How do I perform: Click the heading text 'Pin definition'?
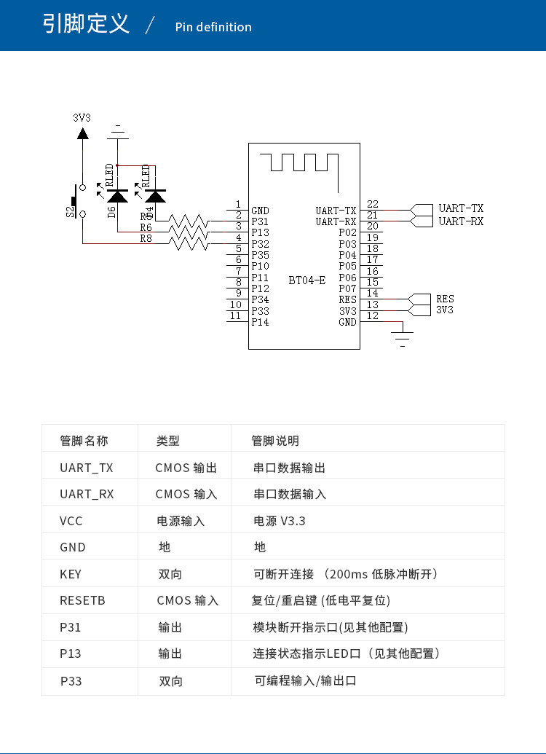(x=213, y=27)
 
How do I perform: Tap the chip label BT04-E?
(x=307, y=280)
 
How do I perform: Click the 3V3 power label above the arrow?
(x=82, y=117)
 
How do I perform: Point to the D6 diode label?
(x=111, y=212)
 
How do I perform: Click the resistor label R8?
(x=146, y=238)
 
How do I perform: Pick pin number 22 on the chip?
(x=373, y=205)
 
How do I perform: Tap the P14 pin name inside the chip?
(x=260, y=322)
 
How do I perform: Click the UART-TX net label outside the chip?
(x=461, y=208)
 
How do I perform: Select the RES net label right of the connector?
(x=445, y=299)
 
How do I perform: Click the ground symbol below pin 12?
(x=403, y=336)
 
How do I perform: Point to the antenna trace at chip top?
(x=304, y=162)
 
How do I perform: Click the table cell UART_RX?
(x=87, y=494)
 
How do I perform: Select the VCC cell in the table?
(x=71, y=521)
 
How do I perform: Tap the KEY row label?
(x=71, y=574)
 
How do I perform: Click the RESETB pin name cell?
(x=82, y=601)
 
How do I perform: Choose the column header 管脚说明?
(x=274, y=441)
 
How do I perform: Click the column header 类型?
(x=167, y=441)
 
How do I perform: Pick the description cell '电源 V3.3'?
(x=279, y=521)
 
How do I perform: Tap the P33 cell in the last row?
(x=71, y=681)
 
